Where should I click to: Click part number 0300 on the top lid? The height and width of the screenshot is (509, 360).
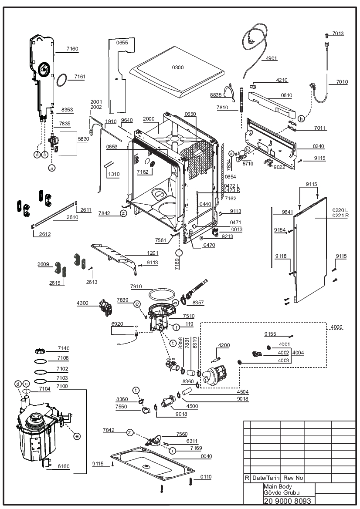[x=178, y=67]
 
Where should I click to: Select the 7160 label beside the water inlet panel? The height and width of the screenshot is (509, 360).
[x=72, y=49]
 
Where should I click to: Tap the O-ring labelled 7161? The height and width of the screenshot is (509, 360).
[x=62, y=80]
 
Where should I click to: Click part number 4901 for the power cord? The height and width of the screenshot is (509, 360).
[x=271, y=58]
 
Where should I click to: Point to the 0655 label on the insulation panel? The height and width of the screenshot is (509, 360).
[x=122, y=43]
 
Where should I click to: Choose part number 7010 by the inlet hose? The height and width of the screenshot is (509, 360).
[x=342, y=82]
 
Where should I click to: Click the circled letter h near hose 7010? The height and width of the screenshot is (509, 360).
[x=301, y=119]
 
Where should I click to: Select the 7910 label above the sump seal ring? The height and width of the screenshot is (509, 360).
[x=136, y=287]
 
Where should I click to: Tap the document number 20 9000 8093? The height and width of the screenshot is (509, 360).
[x=287, y=501]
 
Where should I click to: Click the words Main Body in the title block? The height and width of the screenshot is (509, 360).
[x=278, y=486]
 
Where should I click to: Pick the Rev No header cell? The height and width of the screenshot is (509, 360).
[x=293, y=478]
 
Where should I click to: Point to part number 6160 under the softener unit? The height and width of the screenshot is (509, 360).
[x=64, y=466]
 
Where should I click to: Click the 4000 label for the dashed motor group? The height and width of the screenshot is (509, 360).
[x=336, y=327]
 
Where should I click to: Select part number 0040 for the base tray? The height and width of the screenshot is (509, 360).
[x=206, y=456]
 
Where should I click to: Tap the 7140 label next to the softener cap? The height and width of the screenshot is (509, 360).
[x=64, y=348]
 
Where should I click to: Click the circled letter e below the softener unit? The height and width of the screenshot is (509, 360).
[x=77, y=436]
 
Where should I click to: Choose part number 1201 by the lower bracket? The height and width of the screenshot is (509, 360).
[x=153, y=253]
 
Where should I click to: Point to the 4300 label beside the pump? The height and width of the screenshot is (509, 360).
[x=82, y=303]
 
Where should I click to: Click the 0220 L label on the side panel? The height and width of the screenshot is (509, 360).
[x=340, y=210]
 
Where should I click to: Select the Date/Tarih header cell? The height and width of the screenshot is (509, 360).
[x=266, y=478]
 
